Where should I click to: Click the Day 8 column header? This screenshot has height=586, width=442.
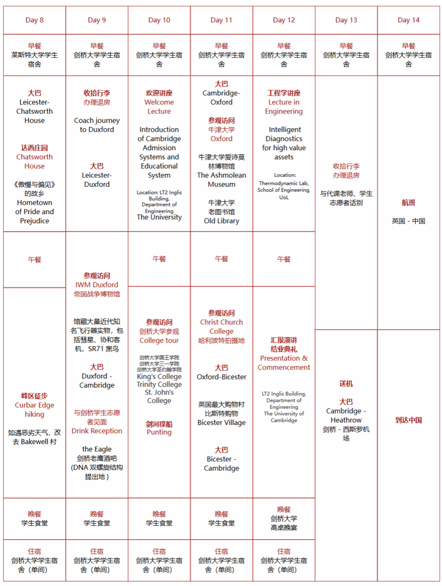point(35,20)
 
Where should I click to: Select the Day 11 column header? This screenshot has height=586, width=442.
point(221,20)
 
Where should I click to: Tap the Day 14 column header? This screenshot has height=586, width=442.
point(408,20)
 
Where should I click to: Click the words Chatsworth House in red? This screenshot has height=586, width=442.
point(35,161)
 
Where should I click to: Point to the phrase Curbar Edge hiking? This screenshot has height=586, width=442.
point(35,410)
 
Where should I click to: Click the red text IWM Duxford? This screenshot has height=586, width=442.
point(97,284)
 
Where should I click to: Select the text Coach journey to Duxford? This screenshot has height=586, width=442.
point(97,125)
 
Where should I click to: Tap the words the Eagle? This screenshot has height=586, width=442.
point(97,449)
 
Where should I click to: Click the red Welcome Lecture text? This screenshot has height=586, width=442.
point(159,107)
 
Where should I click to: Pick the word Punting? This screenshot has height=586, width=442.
point(159,432)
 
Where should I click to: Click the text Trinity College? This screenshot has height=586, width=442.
point(159,385)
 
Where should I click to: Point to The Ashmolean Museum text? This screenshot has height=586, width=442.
point(221,179)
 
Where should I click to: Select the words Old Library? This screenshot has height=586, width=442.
point(221,221)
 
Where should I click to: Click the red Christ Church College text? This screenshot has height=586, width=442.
point(221,326)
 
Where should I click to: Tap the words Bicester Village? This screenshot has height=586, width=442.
point(221,423)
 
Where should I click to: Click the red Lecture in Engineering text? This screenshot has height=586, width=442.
point(284,107)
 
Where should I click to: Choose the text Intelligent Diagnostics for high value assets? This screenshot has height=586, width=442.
point(284,143)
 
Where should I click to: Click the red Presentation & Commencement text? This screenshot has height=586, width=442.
point(284,363)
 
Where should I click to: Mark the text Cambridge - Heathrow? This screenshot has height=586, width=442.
point(346,415)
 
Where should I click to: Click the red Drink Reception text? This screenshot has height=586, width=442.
point(97,431)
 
